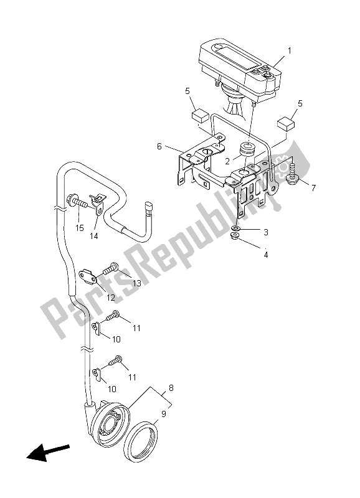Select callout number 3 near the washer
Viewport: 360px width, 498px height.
coord(265,232)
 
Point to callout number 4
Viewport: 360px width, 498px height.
coord(265,253)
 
